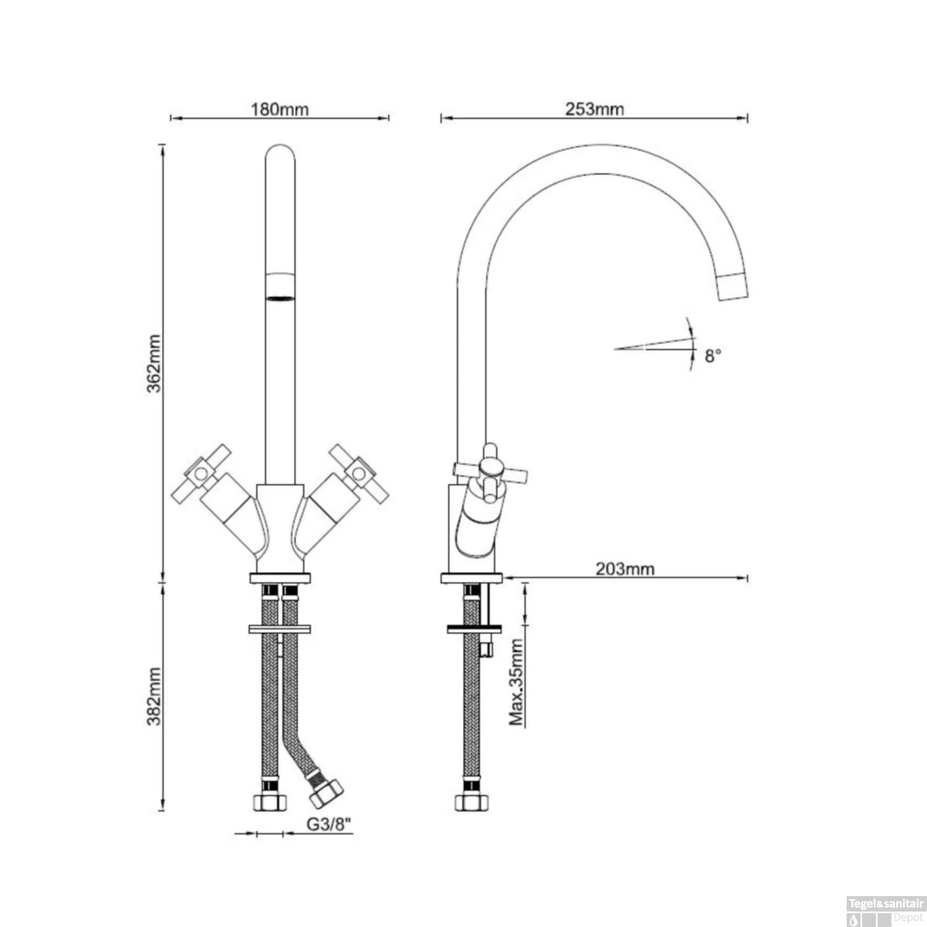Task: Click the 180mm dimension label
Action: tap(279, 110)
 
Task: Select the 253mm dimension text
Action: tap(594, 109)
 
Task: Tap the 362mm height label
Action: tap(154, 363)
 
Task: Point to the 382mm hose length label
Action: tap(154, 696)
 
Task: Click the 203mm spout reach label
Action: tap(624, 569)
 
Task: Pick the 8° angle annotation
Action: tap(713, 356)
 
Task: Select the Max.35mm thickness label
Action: tap(517, 682)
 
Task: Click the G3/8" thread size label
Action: tap(329, 824)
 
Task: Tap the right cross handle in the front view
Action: tap(357, 473)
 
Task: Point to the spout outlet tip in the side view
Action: tap(734, 286)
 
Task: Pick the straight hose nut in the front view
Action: tap(270, 802)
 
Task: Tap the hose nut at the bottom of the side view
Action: tap(471, 802)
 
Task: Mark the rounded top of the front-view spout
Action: tap(280, 151)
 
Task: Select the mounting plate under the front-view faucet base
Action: tap(280, 578)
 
